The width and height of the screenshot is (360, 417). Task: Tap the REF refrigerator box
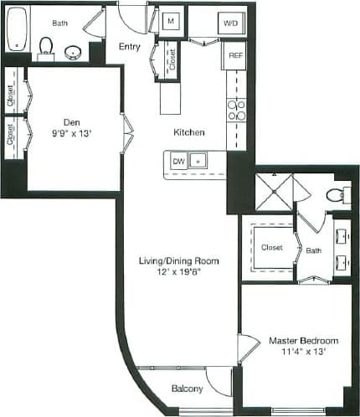236,56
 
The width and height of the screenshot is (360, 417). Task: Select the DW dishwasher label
177,159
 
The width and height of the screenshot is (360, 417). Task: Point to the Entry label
129,47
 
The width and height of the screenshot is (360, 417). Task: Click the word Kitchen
188,132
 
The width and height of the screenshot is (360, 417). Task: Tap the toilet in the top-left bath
46,44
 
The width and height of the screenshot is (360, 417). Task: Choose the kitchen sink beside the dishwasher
198,159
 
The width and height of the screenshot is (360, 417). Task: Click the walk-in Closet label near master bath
271,248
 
